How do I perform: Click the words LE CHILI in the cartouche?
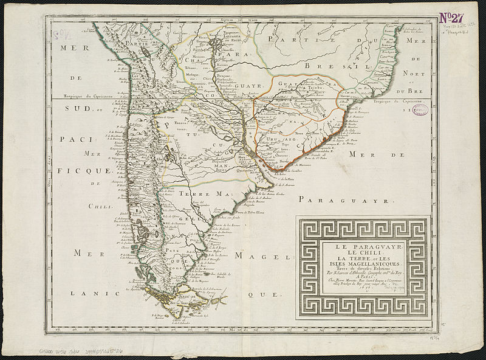363,252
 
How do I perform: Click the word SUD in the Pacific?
73,109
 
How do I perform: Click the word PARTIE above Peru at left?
135,43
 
